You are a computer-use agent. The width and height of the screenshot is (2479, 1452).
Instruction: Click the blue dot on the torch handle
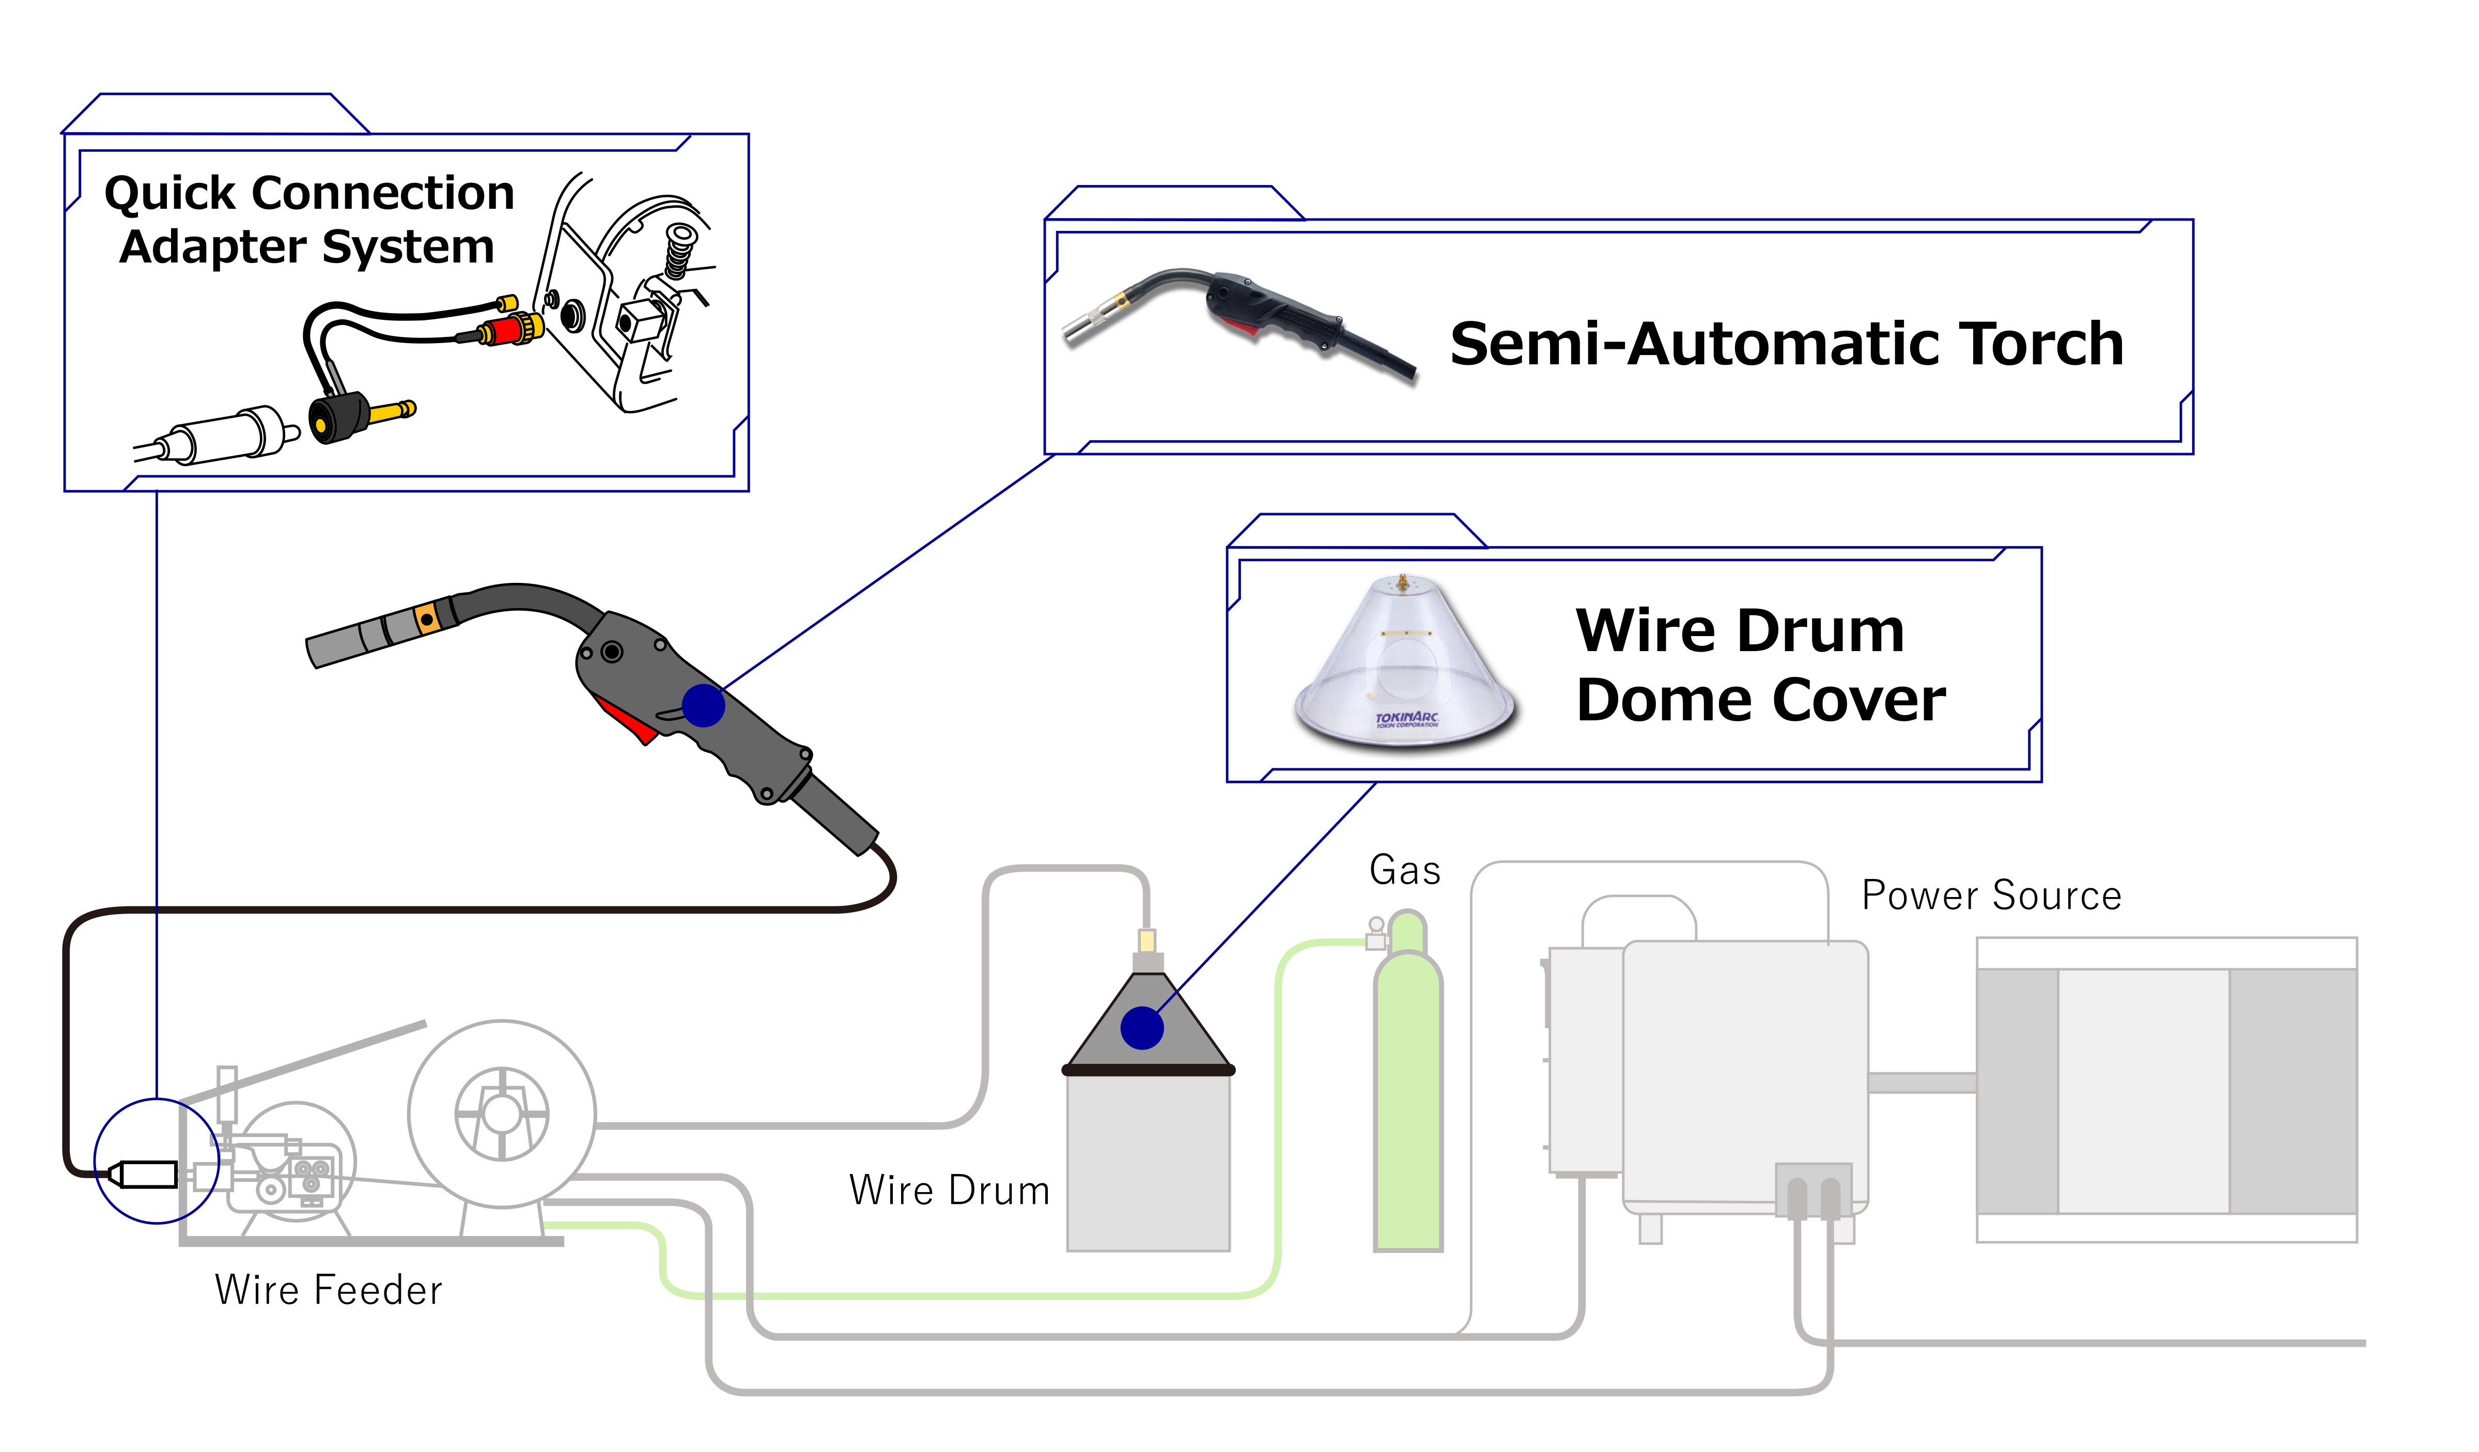703,705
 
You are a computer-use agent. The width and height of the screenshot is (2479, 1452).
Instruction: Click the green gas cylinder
1408,1102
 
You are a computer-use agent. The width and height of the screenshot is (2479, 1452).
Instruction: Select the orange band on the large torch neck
427,619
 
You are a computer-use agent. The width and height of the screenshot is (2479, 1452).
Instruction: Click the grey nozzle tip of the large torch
334,646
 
